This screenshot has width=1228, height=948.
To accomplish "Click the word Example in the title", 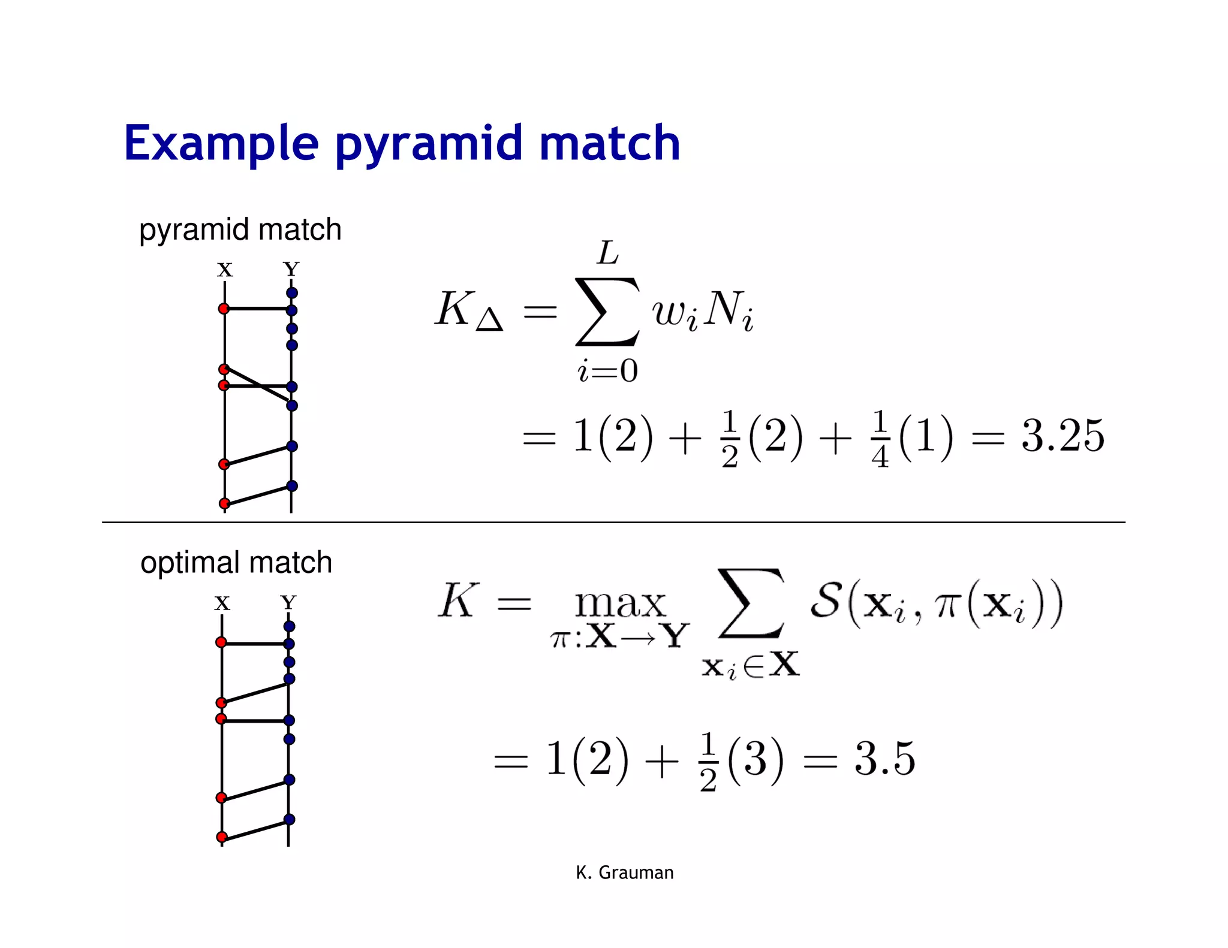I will point(221,144).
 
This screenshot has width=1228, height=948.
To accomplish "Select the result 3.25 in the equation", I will point(1063,436).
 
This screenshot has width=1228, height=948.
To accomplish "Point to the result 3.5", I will point(884,759).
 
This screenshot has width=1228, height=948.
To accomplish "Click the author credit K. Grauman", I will point(624,872).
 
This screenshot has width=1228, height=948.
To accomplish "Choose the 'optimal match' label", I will point(236,563).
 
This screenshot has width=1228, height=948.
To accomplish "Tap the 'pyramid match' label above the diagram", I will point(240,230).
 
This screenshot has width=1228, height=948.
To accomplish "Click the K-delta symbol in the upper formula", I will point(468,310).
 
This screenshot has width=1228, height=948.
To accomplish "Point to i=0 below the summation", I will point(607,371).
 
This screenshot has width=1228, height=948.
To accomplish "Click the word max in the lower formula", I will point(620,604).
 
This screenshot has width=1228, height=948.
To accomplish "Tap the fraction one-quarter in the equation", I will point(880,439).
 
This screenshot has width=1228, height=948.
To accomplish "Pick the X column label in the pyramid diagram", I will point(225,270).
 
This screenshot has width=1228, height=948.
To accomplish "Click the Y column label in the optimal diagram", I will point(288,602).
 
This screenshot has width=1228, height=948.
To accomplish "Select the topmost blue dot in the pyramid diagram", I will point(292,293).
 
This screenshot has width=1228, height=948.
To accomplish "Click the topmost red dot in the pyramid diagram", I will point(224,309).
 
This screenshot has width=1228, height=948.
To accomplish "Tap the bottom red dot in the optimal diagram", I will point(222,837).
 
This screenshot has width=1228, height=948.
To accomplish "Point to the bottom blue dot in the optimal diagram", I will point(289,819).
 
